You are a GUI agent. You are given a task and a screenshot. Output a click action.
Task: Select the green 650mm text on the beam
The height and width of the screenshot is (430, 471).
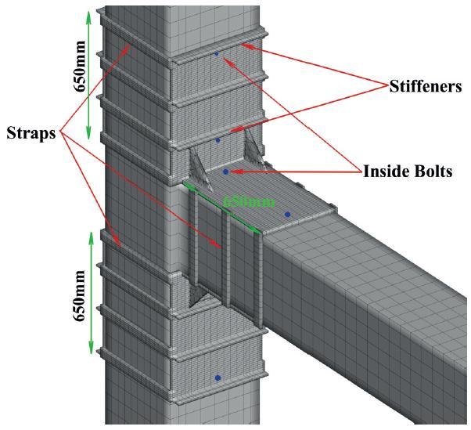tap(249, 201)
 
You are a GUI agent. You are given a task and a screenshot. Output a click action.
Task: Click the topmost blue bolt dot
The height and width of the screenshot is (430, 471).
tap(217, 54)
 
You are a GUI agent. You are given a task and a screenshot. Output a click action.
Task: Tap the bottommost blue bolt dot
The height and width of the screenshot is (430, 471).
tap(218, 378)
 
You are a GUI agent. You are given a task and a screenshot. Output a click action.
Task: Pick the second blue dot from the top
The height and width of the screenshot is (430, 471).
tap(218, 140)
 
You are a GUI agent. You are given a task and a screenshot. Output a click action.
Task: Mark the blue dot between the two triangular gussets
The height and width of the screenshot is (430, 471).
tap(225, 171)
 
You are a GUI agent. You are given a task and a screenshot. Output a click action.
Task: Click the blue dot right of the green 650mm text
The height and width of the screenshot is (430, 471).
tap(287, 213)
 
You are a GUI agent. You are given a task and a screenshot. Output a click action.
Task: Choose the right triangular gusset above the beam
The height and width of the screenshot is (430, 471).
tap(251, 149)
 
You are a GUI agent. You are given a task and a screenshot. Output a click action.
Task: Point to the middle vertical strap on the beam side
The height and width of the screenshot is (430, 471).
tap(225, 258)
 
